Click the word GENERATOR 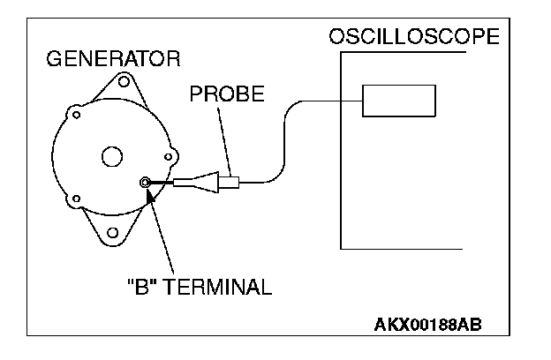point(113,60)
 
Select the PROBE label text point(227,94)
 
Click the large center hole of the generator point(112,157)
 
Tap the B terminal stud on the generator point(147,183)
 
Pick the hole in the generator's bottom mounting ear point(112,232)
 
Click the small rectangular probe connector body point(231,184)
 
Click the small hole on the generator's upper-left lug point(77,114)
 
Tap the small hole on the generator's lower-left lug point(76,198)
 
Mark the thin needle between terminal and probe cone point(164,183)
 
